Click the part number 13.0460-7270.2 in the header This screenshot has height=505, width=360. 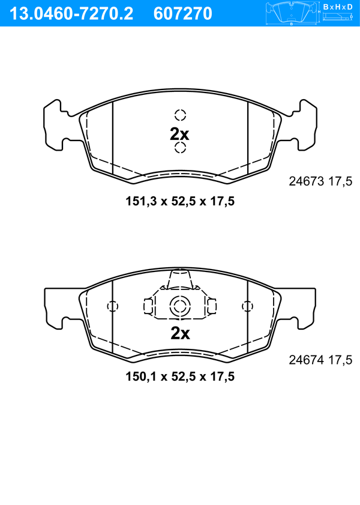click(71, 14)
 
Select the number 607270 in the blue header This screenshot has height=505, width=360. click(183, 14)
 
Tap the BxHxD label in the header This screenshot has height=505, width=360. click(338, 7)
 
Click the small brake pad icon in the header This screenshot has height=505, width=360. click(292, 13)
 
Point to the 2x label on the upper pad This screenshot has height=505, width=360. click(179, 135)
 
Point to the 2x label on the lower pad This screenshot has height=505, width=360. click(180, 333)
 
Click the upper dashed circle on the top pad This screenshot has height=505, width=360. click(180, 115)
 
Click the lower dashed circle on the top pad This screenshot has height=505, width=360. click(180, 148)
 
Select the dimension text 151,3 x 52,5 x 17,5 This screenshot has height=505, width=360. click(180, 202)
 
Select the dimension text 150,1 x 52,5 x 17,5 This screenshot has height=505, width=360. click(180, 376)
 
